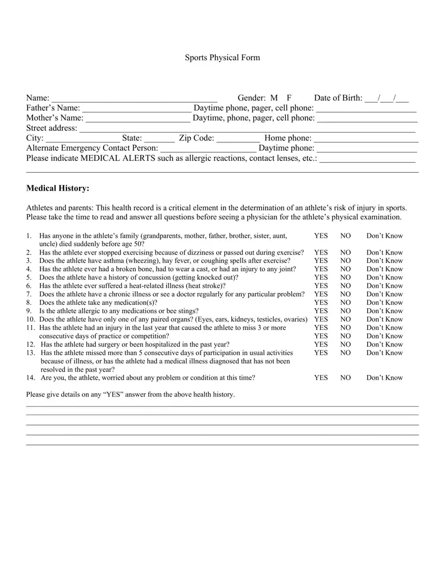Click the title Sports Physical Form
(x=222, y=58)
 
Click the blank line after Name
(x=134, y=98)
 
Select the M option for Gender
(x=274, y=98)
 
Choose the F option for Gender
(x=289, y=98)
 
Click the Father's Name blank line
(x=137, y=108)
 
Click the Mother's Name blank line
(x=137, y=118)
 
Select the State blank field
(x=159, y=139)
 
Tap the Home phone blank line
(x=366, y=139)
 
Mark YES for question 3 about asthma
(x=321, y=261)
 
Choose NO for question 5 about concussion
(x=346, y=278)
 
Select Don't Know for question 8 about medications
(x=384, y=303)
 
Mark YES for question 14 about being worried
(x=321, y=378)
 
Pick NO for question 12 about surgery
(x=346, y=345)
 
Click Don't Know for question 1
(x=384, y=236)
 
